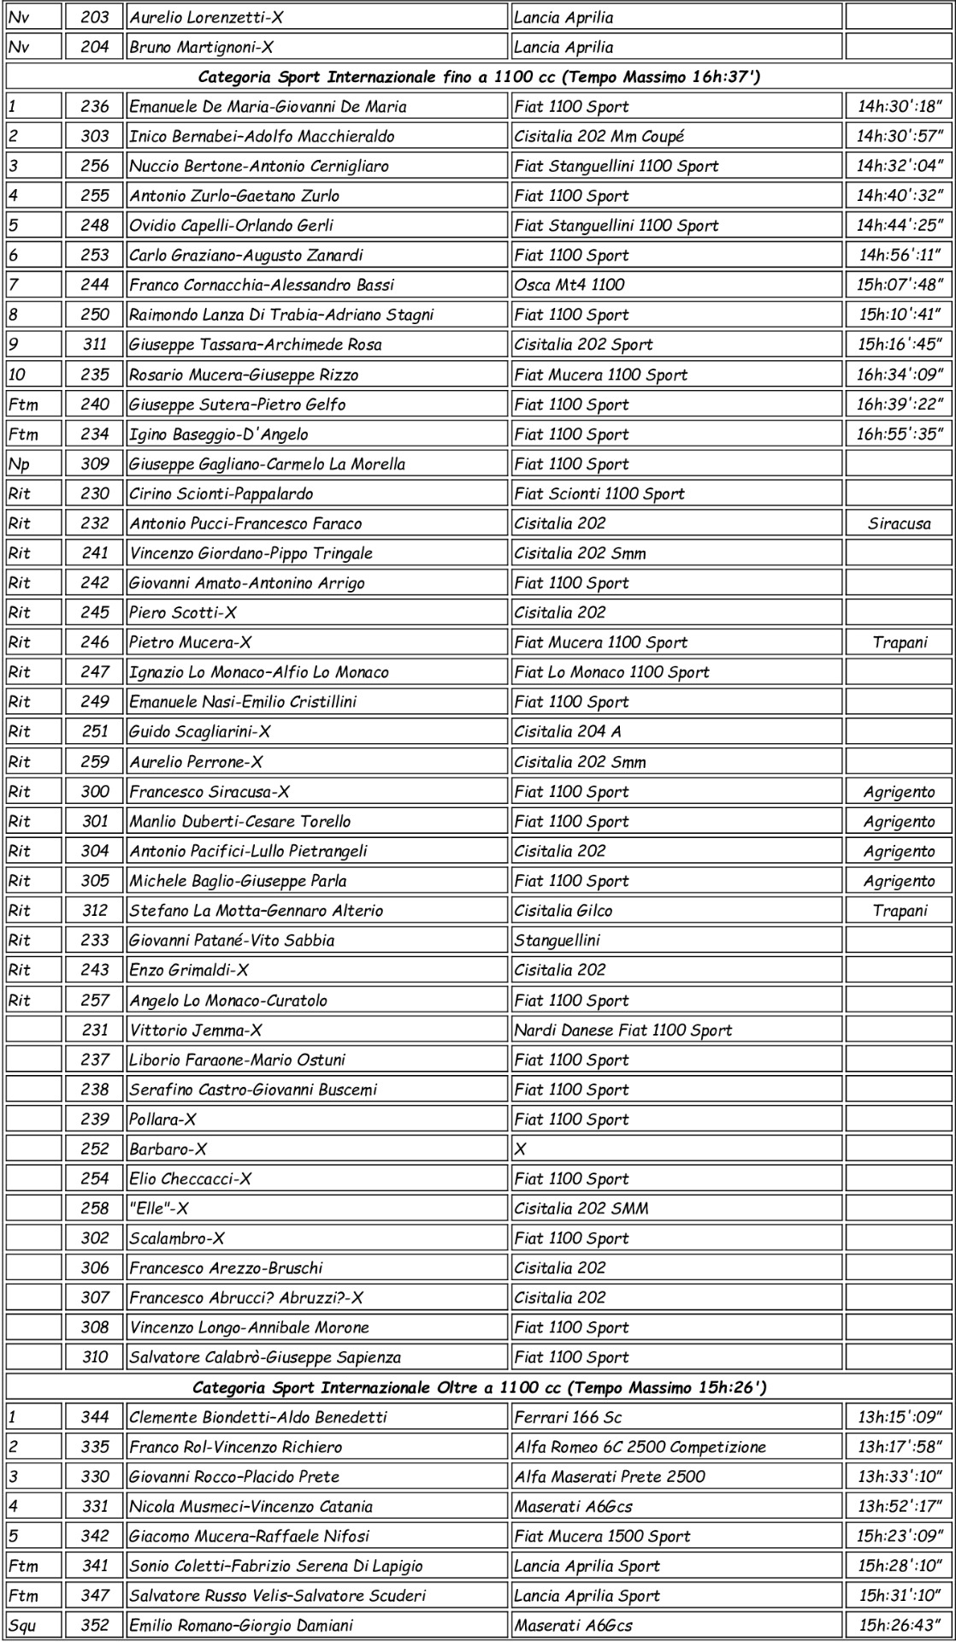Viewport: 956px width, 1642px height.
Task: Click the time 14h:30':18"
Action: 899,107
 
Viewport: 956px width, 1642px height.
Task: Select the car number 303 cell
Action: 95,136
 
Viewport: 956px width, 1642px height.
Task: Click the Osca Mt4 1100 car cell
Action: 569,285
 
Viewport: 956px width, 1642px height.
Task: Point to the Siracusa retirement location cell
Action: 899,523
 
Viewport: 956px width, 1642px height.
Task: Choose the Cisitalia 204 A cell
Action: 568,731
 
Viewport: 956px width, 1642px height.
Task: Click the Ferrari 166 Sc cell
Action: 568,1417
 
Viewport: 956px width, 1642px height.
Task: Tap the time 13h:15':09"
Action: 899,1417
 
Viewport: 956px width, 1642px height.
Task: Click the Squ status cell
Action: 22,1625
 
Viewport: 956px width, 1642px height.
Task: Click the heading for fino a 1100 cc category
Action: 479,77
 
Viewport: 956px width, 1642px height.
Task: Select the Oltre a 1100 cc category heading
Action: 479,1387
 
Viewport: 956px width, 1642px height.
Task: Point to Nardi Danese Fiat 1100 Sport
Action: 623,1031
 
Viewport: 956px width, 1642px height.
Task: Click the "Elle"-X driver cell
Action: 159,1208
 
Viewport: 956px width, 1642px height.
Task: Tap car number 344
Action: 95,1417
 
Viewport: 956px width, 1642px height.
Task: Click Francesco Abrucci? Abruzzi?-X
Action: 246,1298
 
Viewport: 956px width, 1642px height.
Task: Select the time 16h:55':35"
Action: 899,434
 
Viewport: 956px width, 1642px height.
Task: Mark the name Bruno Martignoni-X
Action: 202,47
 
